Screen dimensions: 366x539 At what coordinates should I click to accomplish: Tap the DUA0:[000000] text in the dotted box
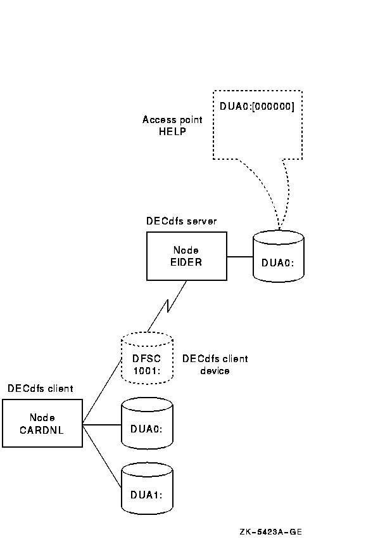coord(257,107)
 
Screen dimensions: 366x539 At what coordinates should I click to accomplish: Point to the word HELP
coord(172,131)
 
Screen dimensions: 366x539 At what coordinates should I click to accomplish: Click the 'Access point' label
coord(172,120)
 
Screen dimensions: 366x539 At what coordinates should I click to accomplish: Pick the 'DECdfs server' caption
coord(181,221)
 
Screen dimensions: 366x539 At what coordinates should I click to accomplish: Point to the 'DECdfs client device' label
coord(215,365)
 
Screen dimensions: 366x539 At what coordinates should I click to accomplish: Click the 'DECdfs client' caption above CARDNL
coord(40,389)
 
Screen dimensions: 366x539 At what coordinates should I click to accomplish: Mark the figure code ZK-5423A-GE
coord(271,532)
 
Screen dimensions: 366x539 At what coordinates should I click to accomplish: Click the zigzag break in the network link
coord(168,306)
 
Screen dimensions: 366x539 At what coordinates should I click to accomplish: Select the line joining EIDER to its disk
coord(239,256)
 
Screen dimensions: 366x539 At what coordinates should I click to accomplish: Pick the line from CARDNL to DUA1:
coord(102,456)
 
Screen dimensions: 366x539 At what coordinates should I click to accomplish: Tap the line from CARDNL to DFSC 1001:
coord(102,391)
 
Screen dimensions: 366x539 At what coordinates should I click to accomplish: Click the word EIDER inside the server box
coord(186,263)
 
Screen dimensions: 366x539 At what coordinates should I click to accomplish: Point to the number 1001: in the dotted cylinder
coord(147,371)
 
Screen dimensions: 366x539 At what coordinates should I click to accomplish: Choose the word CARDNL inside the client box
coord(42,430)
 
